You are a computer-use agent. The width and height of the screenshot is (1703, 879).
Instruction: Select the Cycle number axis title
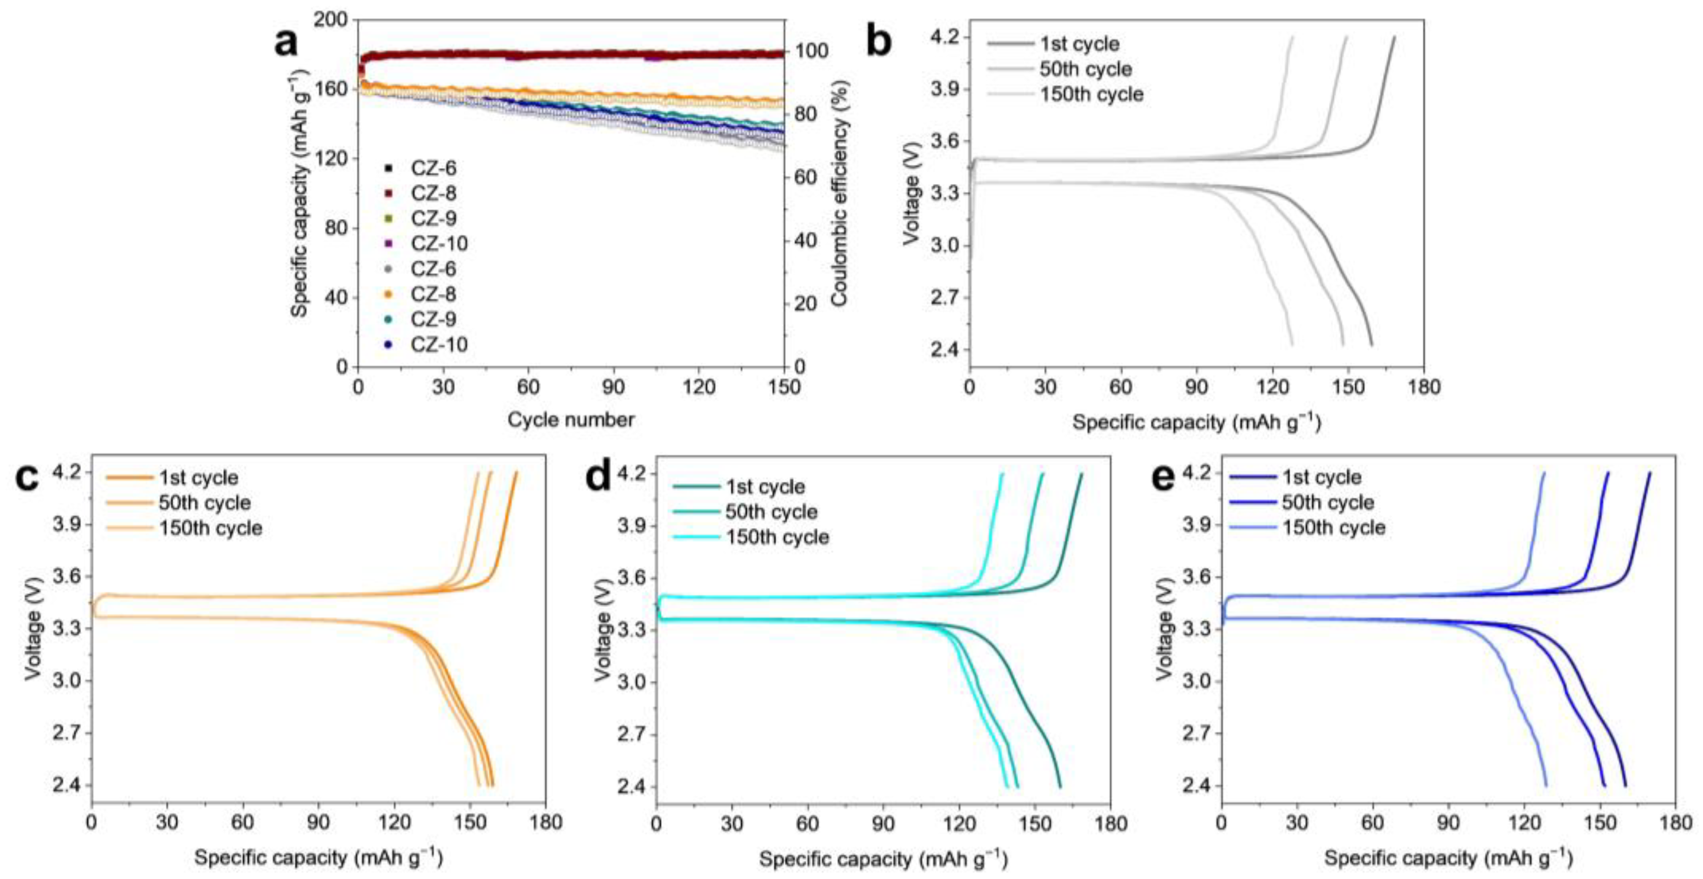coord(571,419)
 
